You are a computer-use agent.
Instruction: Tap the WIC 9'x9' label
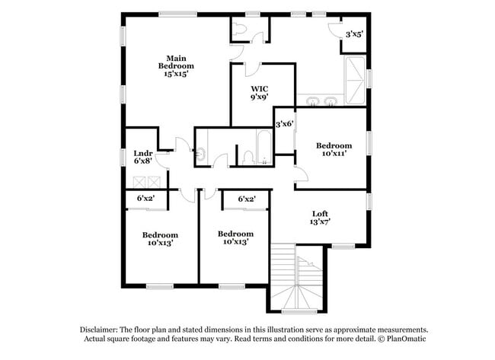click(x=259, y=93)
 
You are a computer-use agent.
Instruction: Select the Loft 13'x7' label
click(x=320, y=218)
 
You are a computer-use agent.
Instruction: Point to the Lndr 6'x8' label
click(x=143, y=157)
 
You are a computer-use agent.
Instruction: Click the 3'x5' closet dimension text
click(x=354, y=34)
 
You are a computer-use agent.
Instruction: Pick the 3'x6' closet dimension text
click(x=284, y=124)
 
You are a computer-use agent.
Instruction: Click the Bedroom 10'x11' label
click(x=334, y=149)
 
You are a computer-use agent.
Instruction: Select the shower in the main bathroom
click(x=355, y=79)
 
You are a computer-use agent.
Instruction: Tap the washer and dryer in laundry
click(x=147, y=181)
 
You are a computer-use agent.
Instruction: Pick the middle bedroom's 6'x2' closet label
click(x=246, y=199)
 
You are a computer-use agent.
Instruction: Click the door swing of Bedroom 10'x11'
click(x=301, y=174)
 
